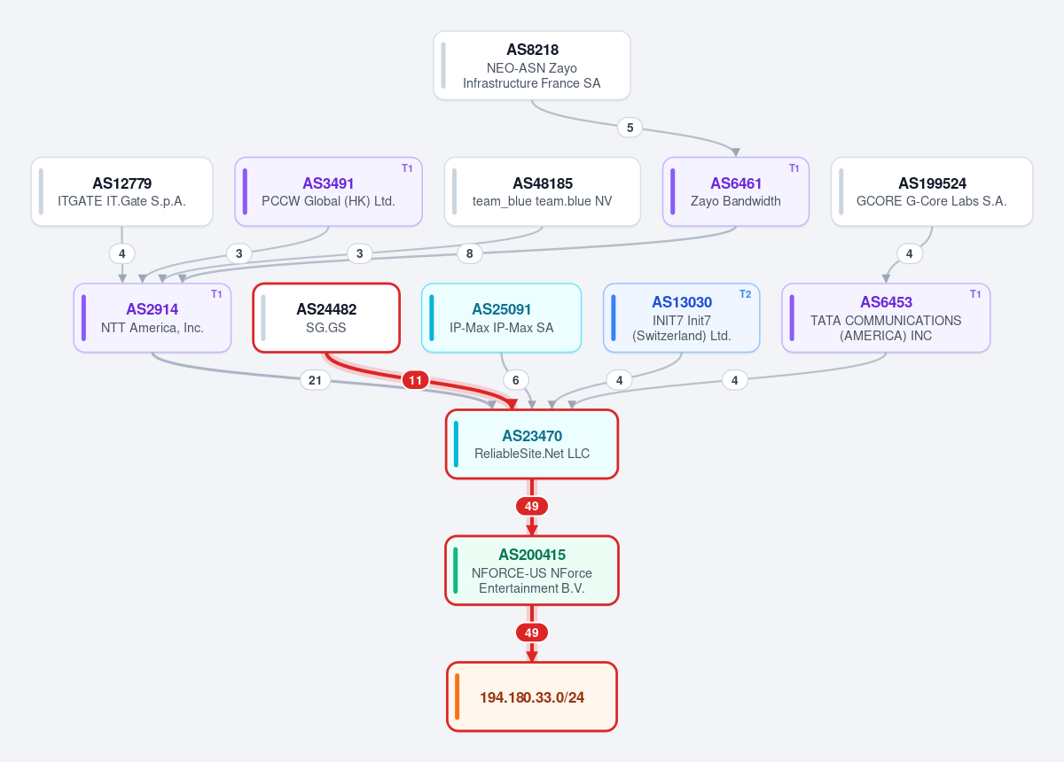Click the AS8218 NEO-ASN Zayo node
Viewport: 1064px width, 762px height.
click(531, 66)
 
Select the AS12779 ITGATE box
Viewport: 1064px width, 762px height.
click(121, 191)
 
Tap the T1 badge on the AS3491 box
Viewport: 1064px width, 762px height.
click(407, 168)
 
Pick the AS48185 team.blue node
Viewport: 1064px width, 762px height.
click(542, 191)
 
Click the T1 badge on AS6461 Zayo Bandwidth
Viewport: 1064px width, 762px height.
click(794, 168)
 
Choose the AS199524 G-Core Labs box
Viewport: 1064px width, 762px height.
click(932, 191)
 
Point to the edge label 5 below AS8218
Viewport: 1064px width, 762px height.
click(630, 128)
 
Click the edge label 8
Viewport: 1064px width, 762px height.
click(469, 253)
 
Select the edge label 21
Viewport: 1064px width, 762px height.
click(315, 380)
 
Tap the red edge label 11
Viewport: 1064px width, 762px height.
click(415, 380)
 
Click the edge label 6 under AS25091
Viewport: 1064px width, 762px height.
click(515, 380)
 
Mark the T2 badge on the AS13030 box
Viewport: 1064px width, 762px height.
click(746, 294)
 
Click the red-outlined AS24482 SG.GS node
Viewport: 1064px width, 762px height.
click(326, 318)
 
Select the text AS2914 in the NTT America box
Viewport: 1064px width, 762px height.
click(152, 309)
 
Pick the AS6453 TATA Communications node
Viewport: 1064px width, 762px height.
click(886, 318)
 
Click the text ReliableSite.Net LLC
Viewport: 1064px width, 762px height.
click(532, 454)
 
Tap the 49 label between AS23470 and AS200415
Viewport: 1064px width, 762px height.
click(531, 506)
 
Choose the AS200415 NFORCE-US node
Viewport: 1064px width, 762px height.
click(531, 571)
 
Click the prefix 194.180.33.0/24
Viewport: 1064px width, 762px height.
click(531, 697)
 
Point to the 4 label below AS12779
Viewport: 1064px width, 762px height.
click(122, 253)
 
